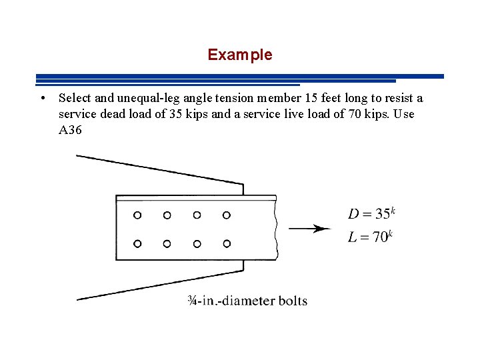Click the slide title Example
coord(239,55)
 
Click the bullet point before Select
coord(42,99)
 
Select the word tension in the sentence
coord(237,99)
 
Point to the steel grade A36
coord(70,130)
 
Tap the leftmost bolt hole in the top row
coord(137,215)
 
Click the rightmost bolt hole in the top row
coord(227,215)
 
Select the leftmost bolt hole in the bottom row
coord(137,243)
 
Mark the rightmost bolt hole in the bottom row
coord(227,243)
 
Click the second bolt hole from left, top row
coord(167,215)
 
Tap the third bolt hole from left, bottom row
coord(197,243)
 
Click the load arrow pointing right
coord(310,229)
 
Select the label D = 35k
coord(371,214)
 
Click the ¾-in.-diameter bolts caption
coord(247,301)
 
